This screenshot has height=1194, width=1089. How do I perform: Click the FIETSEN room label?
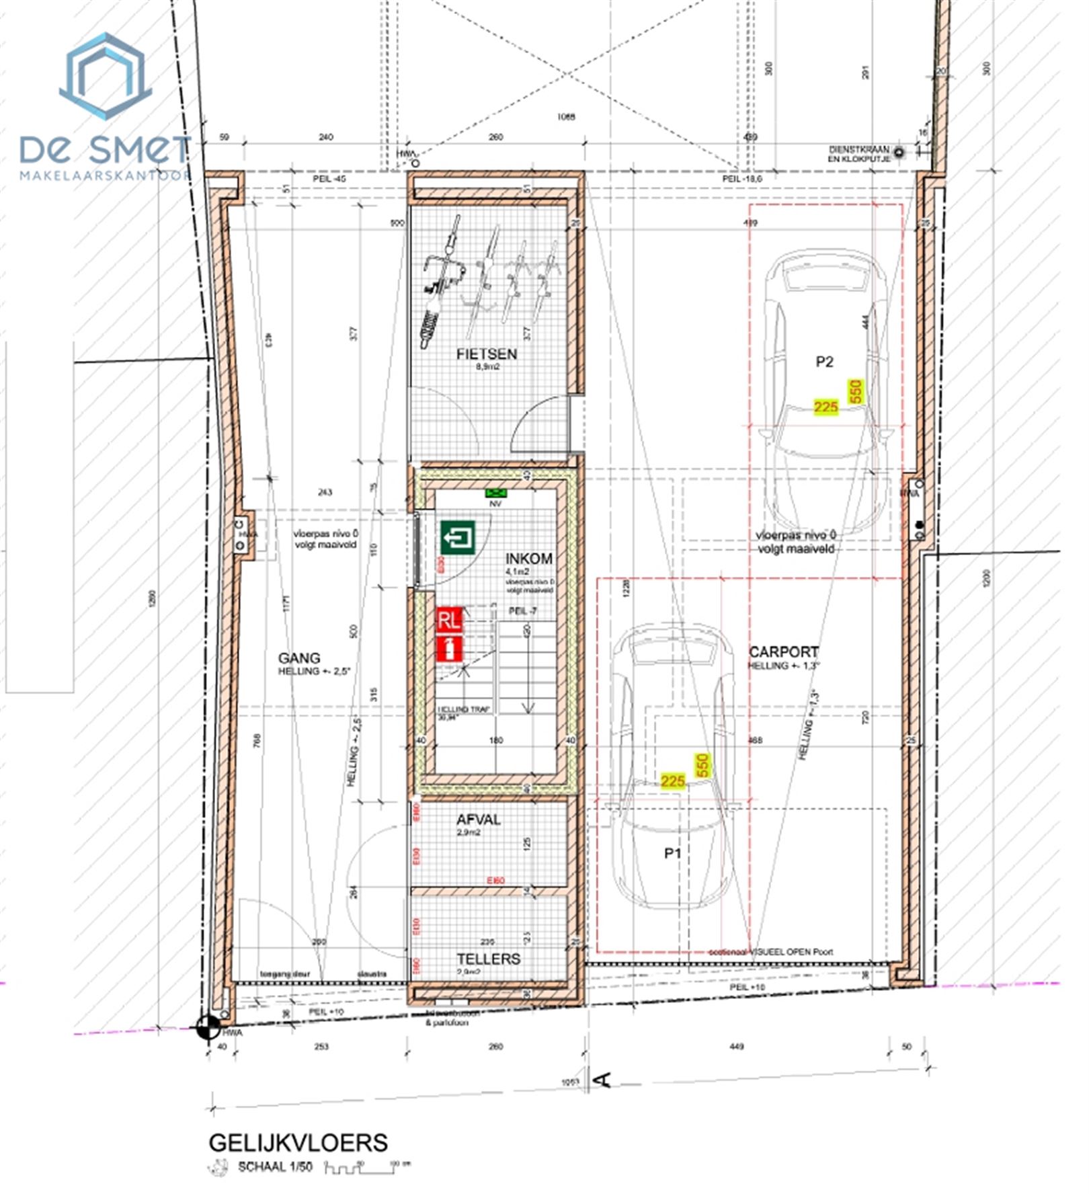click(x=487, y=354)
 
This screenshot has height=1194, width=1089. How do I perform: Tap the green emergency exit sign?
click(x=458, y=538)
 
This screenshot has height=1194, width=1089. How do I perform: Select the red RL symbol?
click(x=449, y=619)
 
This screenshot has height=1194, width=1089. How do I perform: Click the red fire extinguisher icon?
click(x=449, y=649)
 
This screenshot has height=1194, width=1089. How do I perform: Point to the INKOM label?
click(x=529, y=559)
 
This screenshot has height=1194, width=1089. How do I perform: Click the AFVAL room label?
click(x=479, y=820)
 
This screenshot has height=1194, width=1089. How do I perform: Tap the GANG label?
click(x=299, y=658)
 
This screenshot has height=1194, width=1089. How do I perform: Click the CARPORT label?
click(x=784, y=651)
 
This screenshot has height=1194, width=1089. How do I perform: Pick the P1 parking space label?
click(x=673, y=853)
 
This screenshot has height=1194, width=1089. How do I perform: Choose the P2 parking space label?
click(x=824, y=362)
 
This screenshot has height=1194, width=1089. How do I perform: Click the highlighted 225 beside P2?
click(x=825, y=407)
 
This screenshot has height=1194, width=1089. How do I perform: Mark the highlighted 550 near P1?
click(x=702, y=766)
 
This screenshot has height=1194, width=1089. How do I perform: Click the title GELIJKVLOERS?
click(x=298, y=1142)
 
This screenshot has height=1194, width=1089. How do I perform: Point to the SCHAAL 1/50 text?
click(x=275, y=1166)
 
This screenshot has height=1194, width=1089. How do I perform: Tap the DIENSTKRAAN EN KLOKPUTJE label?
click(x=858, y=154)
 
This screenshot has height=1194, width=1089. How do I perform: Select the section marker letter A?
click(x=603, y=1080)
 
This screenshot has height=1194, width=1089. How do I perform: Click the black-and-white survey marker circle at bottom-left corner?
click(x=208, y=1027)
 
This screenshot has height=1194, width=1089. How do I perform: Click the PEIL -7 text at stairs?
click(x=522, y=610)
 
